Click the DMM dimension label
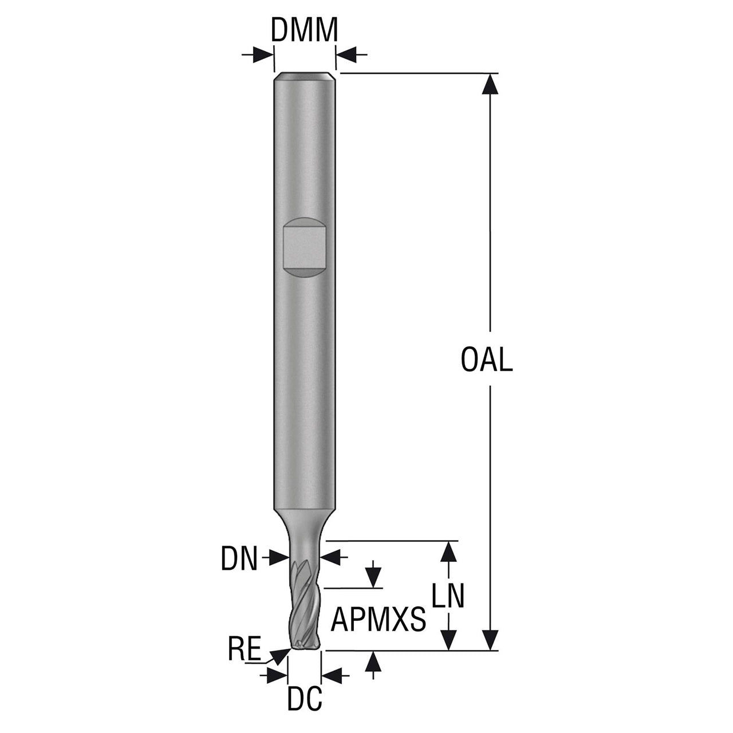point(304,30)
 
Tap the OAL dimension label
point(487,360)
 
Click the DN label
point(239,558)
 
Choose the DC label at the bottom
point(304,699)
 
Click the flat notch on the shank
point(305,247)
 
